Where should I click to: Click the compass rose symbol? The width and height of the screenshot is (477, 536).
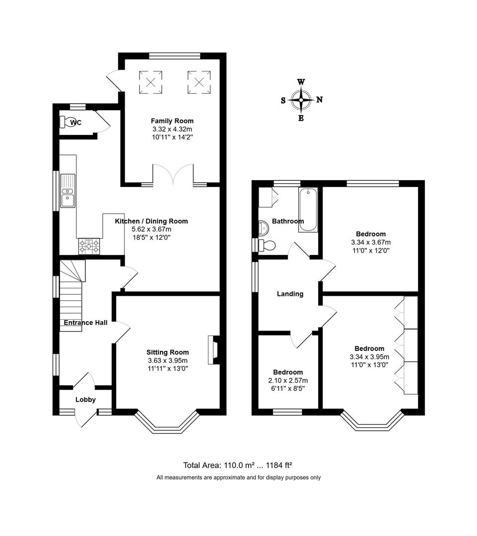pyautogui.click(x=301, y=100)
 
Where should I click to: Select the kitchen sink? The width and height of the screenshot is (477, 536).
pyautogui.click(x=67, y=191)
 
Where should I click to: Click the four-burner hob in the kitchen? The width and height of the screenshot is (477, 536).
pyautogui.click(x=88, y=246)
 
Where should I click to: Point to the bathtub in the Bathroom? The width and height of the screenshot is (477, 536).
pyautogui.click(x=308, y=209)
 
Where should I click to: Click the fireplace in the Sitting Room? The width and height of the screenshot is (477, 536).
pyautogui.click(x=213, y=350)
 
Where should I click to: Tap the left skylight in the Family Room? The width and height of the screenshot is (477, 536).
pyautogui.click(x=150, y=82)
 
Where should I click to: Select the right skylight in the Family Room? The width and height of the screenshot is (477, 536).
pyautogui.click(x=199, y=82)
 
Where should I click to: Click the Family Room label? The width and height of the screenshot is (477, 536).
pyautogui.click(x=172, y=121)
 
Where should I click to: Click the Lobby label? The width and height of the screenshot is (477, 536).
pyautogui.click(x=85, y=400)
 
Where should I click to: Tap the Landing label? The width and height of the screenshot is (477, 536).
pyautogui.click(x=290, y=294)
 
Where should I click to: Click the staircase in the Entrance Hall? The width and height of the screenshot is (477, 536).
pyautogui.click(x=70, y=298)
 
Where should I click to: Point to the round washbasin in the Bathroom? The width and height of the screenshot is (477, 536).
pyautogui.click(x=263, y=228)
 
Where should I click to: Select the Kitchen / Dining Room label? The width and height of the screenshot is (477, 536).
pyautogui.click(x=151, y=221)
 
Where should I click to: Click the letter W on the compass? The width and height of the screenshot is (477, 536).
pyautogui.click(x=301, y=82)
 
